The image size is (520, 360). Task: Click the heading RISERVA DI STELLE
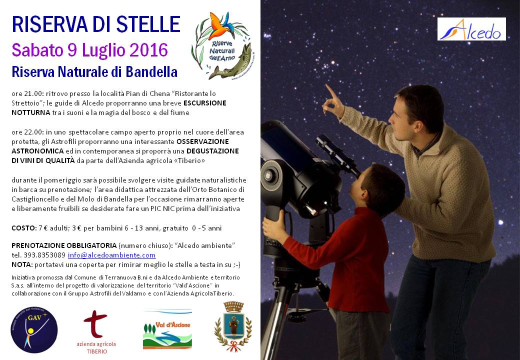[x=96, y=24]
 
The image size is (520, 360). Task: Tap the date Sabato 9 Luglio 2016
[x=90, y=50]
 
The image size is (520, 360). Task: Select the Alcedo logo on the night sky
[x=471, y=29]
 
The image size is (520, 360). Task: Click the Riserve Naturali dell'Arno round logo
[x=221, y=45]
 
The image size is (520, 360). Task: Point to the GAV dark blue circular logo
[x=34, y=329]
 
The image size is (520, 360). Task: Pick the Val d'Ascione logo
[x=167, y=329]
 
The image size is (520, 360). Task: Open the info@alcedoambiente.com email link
[x=112, y=255]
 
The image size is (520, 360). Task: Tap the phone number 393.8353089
[x=44, y=255]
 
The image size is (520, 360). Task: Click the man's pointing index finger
[x=330, y=90]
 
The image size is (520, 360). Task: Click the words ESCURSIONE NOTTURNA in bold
[x=119, y=107]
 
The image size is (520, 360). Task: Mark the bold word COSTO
[x=23, y=228]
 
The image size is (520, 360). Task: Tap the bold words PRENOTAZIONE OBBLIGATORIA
[x=64, y=245]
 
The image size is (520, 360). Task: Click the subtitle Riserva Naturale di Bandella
[x=94, y=71]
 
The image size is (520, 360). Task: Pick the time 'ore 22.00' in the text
[x=27, y=132]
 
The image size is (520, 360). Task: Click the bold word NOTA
[x=22, y=264]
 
